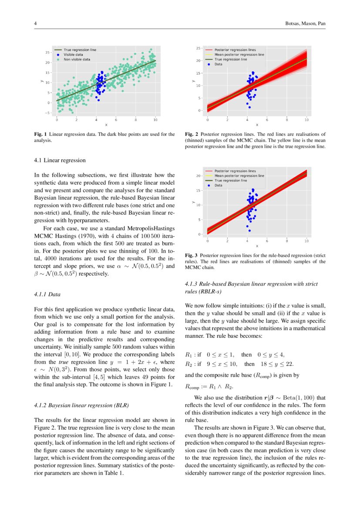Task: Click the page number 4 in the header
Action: point(35,23)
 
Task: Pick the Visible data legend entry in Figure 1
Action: point(73,54)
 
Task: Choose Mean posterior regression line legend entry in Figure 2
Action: point(239,55)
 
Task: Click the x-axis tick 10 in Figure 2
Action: point(306,119)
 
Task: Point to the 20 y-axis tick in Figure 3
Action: point(198,176)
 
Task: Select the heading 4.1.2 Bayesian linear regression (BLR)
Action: point(81,405)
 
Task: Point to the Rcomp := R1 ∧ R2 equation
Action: point(205,386)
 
